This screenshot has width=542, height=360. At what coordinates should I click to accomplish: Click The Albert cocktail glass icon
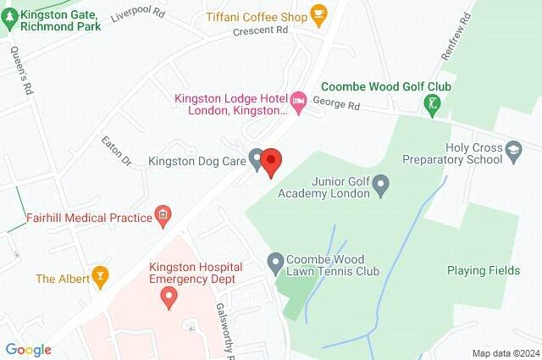[100, 276]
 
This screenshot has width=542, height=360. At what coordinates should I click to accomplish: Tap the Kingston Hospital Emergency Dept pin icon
[169, 296]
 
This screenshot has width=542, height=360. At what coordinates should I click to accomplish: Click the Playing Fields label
[480, 271]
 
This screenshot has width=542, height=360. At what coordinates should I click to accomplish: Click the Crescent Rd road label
[262, 30]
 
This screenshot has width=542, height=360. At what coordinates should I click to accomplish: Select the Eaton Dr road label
[116, 150]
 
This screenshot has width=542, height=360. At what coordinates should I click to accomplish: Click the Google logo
[28, 349]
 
